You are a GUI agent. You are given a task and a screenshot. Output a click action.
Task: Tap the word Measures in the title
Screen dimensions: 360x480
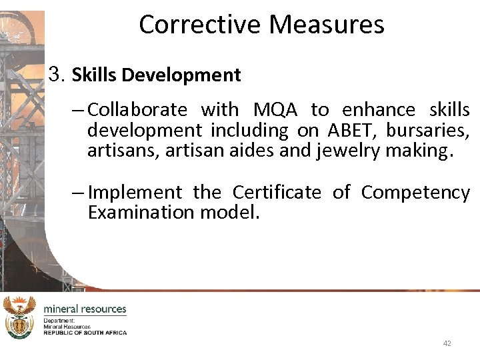click(326, 25)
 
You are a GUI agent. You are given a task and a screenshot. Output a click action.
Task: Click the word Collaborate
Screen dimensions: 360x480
click(137, 109)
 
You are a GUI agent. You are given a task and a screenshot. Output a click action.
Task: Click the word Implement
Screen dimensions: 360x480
click(135, 193)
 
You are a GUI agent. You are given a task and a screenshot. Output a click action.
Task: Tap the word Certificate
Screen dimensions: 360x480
click(276, 193)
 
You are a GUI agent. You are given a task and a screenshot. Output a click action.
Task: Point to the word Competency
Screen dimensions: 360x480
click(415, 193)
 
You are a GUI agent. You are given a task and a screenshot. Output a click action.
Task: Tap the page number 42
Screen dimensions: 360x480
click(447, 343)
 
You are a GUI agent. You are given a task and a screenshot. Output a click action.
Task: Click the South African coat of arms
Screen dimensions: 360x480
click(19, 317)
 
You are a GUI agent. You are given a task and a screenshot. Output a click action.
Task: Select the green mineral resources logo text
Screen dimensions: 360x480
click(85, 309)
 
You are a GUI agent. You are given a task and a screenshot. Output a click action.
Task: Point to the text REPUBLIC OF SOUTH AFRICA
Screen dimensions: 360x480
click(85, 332)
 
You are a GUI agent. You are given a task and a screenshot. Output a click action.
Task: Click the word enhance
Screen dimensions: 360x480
click(379, 109)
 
